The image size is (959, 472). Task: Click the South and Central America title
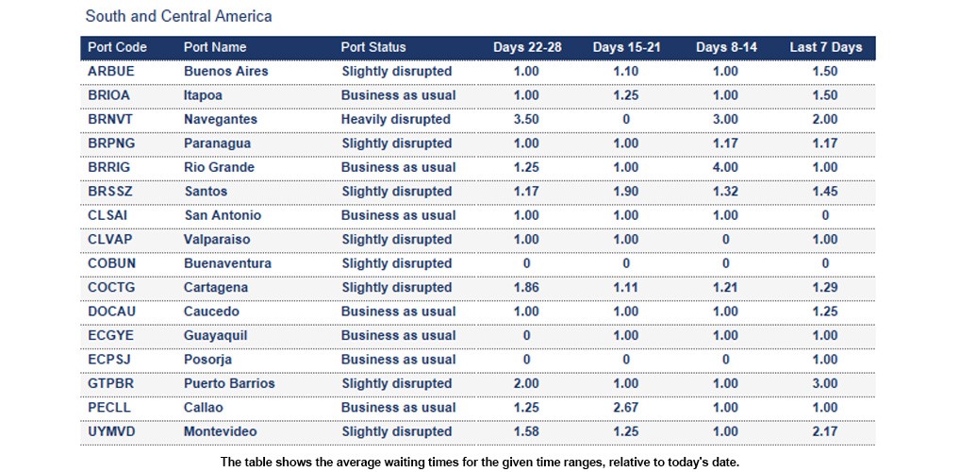(178, 16)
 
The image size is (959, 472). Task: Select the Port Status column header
(373, 47)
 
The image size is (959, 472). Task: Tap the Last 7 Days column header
(825, 47)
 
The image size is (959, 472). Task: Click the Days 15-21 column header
(626, 47)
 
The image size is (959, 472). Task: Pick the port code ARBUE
(111, 72)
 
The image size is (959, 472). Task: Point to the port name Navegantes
(221, 120)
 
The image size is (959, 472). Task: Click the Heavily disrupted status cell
(396, 120)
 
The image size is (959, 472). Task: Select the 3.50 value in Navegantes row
(526, 120)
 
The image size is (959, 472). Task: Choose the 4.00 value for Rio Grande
(725, 168)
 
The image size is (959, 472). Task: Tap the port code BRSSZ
(110, 192)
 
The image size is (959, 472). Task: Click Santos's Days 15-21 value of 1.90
(626, 192)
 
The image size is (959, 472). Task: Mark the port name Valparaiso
(218, 240)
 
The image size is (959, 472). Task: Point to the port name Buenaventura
(227, 263)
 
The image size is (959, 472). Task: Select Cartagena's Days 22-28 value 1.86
(526, 288)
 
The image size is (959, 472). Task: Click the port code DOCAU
(111, 312)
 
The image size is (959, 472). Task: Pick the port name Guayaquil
(219, 336)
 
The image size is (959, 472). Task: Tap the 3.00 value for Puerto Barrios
(825, 384)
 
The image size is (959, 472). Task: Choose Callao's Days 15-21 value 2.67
(626, 408)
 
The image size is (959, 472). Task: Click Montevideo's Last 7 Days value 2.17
(825, 432)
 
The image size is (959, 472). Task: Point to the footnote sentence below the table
(479, 462)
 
